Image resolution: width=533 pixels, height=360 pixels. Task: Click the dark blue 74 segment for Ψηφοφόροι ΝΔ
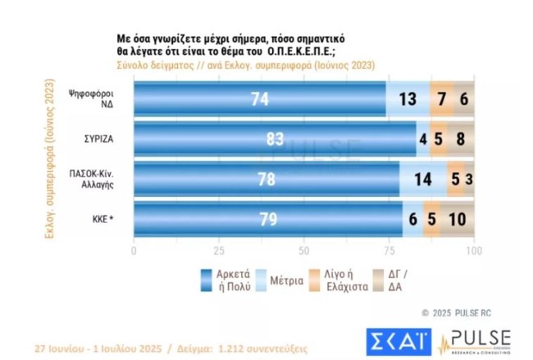(259, 100)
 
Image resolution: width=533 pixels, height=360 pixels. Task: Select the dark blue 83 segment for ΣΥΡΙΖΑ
(275, 139)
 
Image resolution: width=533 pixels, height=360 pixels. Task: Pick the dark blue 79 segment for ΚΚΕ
(267, 218)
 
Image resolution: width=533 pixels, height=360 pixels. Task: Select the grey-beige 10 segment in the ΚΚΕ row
(458, 218)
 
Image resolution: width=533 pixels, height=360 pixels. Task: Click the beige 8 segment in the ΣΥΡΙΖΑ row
(461, 139)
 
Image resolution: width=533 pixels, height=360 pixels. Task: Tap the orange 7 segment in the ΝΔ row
(442, 100)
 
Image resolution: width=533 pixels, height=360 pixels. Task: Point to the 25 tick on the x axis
(219, 249)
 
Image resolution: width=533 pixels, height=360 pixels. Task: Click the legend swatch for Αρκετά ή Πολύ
(207, 280)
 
